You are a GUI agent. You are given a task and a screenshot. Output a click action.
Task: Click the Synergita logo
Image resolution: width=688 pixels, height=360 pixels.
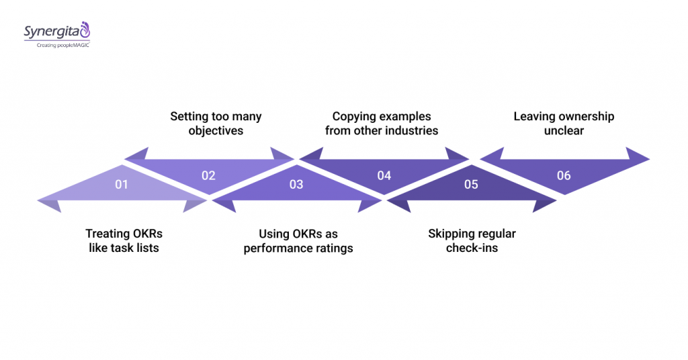tap(56, 31)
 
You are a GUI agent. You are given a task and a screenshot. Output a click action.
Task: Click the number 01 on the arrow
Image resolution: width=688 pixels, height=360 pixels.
tap(121, 183)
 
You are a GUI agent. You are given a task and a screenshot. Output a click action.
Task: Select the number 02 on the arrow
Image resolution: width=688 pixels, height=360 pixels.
tap(208, 175)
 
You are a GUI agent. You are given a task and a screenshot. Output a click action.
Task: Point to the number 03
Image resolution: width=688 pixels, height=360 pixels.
tap(296, 183)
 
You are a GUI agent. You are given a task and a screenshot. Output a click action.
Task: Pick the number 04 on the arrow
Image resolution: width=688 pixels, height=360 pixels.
tap(384, 175)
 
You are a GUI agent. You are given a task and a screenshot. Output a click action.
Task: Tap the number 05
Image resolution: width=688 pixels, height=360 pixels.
tap(471, 183)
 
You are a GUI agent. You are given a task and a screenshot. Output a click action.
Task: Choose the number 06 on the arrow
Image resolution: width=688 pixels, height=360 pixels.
tap(564, 175)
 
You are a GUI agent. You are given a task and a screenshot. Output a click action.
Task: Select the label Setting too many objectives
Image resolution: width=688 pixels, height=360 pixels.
tap(216, 124)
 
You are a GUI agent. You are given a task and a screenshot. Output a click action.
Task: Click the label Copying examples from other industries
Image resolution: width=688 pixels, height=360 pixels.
tap(382, 124)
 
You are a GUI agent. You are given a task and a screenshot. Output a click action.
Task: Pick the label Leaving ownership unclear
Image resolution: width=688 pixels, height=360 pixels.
tap(564, 124)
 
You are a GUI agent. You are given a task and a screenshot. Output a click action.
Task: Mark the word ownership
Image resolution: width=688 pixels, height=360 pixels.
tap(583, 116)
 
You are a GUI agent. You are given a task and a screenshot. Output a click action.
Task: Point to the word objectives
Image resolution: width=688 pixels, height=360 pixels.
tap(216, 131)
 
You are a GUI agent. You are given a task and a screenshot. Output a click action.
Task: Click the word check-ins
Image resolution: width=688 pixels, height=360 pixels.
tap(472, 249)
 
